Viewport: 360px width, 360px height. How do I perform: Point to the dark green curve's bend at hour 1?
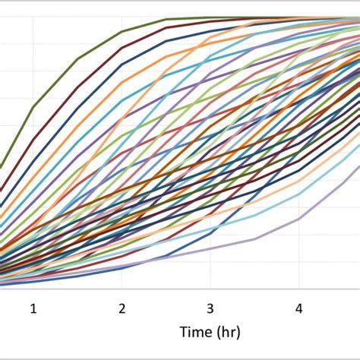click(x=33, y=107)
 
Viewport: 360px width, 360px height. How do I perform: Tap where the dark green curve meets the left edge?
click(x=2, y=166)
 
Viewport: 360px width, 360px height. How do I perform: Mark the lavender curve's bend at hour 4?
click(x=298, y=219)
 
